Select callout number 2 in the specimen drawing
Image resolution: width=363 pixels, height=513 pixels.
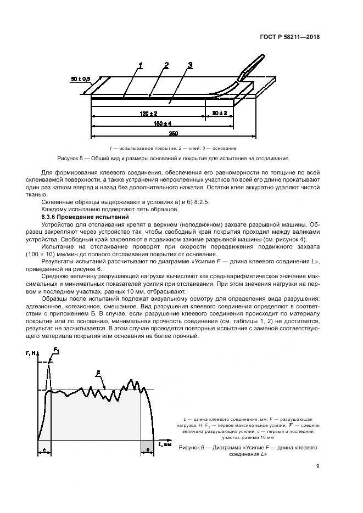(x=165, y=66)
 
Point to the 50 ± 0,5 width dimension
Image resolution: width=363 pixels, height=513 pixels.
(x=81, y=78)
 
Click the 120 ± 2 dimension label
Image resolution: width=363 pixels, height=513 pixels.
(x=146, y=113)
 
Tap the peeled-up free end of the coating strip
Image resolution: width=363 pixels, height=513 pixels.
(x=251, y=65)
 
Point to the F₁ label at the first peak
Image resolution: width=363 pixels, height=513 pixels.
(x=56, y=349)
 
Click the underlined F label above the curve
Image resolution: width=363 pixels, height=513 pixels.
(x=97, y=373)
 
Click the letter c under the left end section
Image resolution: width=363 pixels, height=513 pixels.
(x=44, y=450)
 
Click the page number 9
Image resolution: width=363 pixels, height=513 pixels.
(x=317, y=466)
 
